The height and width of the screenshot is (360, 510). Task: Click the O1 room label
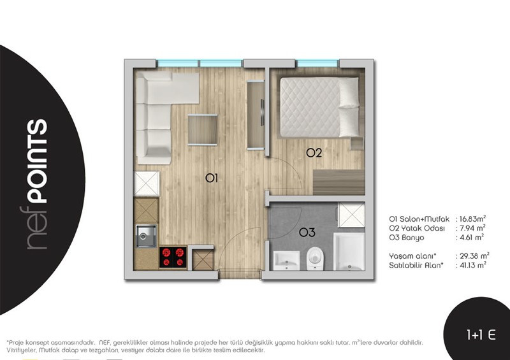tap(212, 178)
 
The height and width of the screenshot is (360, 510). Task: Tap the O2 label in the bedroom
tap(314, 153)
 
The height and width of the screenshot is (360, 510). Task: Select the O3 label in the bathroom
tap(307, 233)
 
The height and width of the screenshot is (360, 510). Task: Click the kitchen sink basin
tap(146, 236)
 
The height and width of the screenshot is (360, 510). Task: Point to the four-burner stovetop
tap(173, 257)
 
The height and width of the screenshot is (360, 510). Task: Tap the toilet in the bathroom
tap(315, 259)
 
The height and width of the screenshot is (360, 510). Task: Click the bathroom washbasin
tap(286, 260)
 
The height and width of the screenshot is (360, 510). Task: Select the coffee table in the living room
tap(203, 130)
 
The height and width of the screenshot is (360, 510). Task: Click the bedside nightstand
tap(357, 143)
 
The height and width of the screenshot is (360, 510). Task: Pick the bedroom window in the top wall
tap(317, 63)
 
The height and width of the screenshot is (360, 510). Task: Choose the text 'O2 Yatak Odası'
tap(417, 228)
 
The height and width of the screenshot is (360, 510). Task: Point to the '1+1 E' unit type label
tap(481, 335)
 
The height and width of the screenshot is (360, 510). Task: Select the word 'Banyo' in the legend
tap(412, 238)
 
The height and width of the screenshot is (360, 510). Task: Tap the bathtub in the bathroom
tap(349, 252)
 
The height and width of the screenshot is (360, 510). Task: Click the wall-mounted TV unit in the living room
tap(256, 115)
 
